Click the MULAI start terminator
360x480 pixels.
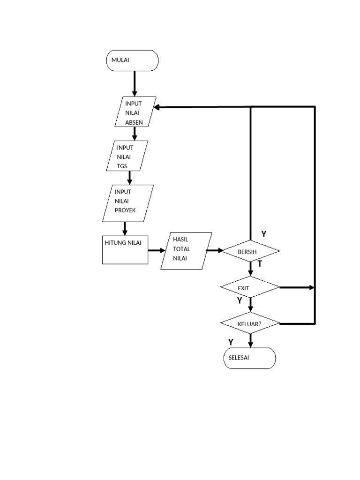click(133, 60)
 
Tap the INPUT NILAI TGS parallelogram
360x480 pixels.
click(127, 157)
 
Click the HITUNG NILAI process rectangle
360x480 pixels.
click(125, 250)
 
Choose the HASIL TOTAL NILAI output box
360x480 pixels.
click(186, 250)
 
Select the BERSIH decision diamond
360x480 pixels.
click(250, 251)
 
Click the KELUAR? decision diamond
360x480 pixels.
click(250, 324)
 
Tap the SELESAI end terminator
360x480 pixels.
click(249, 358)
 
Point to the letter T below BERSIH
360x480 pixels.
click(259, 264)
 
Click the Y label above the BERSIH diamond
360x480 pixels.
click(264, 234)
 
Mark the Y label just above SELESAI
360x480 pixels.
click(231, 342)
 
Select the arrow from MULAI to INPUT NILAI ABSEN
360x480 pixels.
click(135, 83)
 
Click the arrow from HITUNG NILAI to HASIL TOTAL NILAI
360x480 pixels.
click(155, 250)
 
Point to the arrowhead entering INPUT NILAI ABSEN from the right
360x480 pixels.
click(158, 107)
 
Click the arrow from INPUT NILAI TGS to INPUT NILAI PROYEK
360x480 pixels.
click(130, 178)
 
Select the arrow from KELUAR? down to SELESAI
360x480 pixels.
click(250, 340)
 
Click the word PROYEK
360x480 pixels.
click(125, 210)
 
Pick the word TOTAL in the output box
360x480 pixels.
click(180, 249)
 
